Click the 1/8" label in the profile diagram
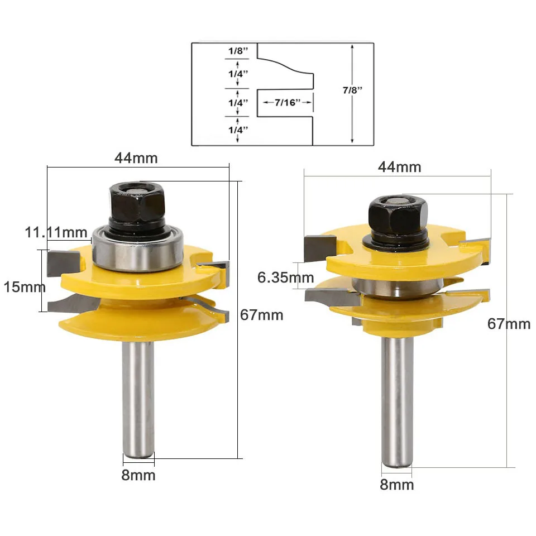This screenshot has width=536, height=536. click(238, 51)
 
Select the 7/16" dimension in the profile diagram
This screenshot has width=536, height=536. click(288, 102)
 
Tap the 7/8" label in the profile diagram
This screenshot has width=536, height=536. click(352, 90)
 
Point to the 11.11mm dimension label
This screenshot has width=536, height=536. click(56, 232)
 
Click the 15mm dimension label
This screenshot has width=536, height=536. click(25, 287)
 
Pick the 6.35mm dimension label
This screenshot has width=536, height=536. click(285, 277)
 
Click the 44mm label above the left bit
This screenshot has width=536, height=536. click(136, 158)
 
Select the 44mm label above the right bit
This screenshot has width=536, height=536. click(400, 167)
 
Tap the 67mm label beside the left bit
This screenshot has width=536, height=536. click(261, 315)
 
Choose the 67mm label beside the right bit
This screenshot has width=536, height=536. click(509, 324)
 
